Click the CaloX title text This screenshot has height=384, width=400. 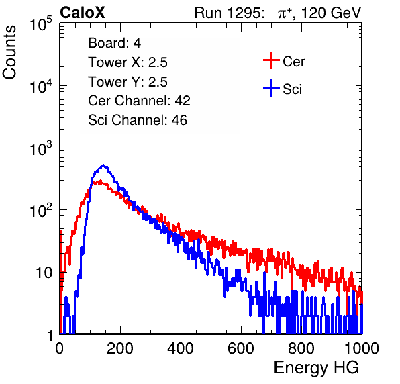(83, 13)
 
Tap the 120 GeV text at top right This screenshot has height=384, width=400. (331, 13)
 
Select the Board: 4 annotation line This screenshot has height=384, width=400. (114, 43)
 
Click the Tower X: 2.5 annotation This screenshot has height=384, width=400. (128, 62)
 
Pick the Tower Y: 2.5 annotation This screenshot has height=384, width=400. (128, 82)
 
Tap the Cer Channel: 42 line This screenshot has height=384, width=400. (139, 101)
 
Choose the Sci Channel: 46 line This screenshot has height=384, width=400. (138, 120)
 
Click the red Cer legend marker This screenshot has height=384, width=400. (271, 60)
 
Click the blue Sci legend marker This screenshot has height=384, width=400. (271, 88)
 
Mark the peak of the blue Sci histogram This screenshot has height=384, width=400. (103, 166)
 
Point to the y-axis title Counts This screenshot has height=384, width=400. (9, 52)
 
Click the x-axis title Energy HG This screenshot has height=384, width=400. (316, 368)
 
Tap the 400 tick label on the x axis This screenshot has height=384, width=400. (181, 348)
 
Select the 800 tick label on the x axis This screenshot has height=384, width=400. (301, 348)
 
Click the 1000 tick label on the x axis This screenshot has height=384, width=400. (362, 348)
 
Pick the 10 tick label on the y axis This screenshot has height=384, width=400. (44, 273)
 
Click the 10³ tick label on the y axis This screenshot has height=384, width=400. (42, 148)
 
